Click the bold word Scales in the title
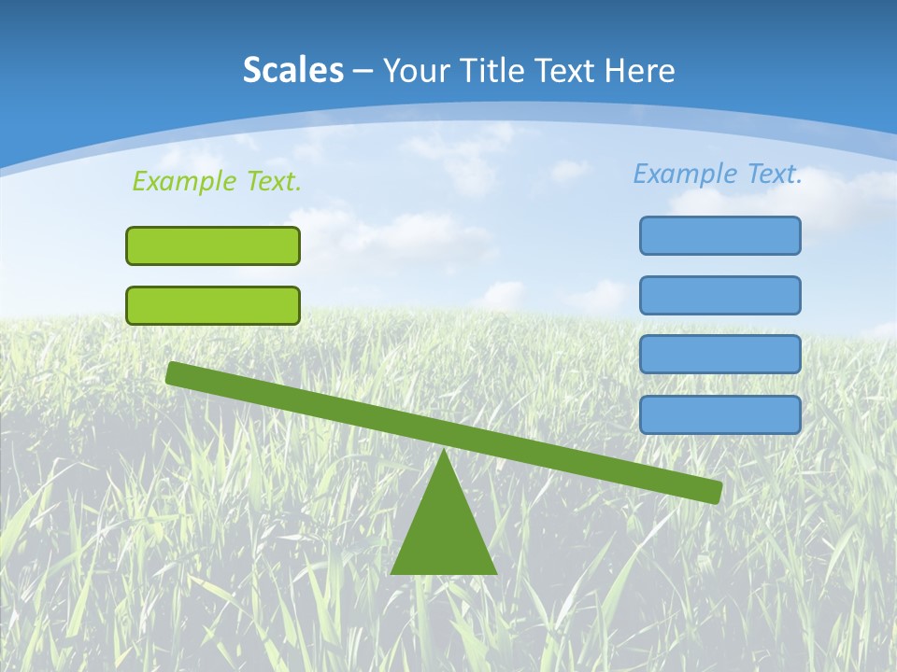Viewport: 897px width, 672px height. pos(292,70)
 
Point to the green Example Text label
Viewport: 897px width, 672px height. pos(217,181)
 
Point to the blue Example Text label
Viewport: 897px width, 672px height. pos(718,174)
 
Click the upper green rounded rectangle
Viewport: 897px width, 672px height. pos(213,245)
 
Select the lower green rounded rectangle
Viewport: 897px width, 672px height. pos(213,305)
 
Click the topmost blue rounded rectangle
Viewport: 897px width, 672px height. pos(720,235)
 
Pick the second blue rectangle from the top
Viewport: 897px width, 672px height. pos(720,295)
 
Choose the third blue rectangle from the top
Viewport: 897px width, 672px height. pos(720,355)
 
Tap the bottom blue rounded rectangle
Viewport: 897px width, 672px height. pos(720,414)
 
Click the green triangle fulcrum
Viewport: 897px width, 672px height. pos(443,532)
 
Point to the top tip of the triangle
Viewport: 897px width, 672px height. pos(443,455)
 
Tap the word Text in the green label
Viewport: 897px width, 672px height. pos(273,181)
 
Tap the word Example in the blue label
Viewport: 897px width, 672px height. pos(686,174)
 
